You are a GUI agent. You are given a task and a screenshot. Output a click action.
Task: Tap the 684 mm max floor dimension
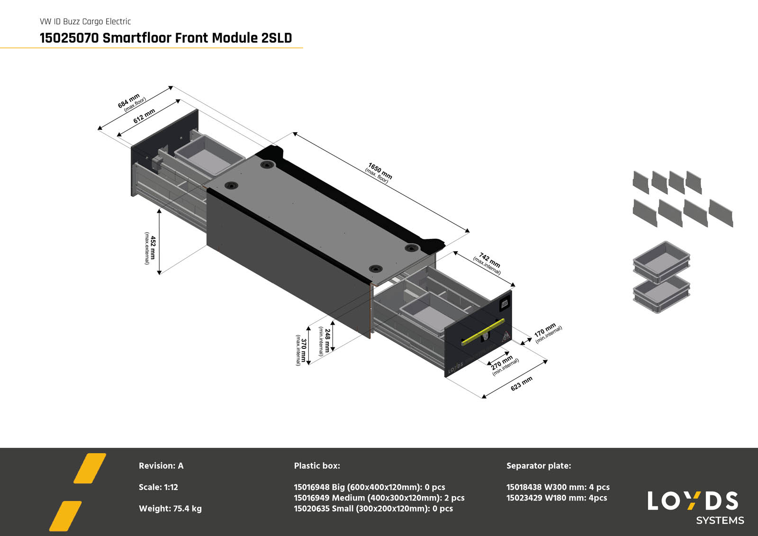130,102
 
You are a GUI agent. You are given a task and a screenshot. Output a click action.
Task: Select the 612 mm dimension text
144,116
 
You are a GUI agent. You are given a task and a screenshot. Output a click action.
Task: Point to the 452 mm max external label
150,248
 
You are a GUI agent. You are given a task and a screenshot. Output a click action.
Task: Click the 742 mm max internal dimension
488,263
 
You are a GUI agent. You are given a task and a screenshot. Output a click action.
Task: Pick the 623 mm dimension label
521,383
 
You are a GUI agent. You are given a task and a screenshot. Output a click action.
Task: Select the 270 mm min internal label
504,364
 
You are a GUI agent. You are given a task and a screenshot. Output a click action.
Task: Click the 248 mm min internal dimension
325,340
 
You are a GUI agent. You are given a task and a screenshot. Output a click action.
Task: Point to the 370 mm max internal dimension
301,350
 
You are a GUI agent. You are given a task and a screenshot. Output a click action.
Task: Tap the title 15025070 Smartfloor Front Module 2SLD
166,38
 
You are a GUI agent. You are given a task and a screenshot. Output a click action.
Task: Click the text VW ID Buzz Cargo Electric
85,21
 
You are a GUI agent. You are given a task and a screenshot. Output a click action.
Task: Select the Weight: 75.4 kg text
170,509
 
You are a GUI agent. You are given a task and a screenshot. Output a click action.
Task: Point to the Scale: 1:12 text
158,487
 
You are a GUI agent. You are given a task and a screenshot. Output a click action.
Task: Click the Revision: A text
161,466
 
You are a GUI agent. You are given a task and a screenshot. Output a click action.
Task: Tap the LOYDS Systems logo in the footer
694,507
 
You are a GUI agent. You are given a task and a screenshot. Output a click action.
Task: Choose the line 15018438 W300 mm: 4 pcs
558,487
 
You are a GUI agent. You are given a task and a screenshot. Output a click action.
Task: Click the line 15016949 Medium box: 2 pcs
379,498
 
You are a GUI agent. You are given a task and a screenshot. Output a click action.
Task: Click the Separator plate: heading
539,466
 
